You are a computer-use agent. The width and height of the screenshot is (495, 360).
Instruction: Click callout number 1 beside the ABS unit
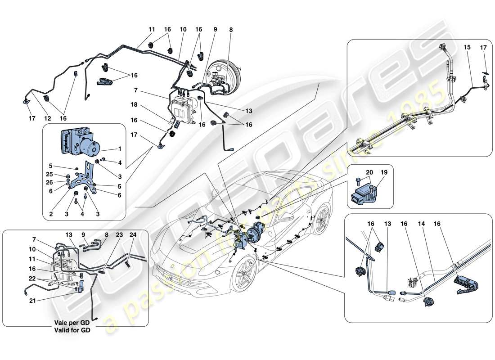pos(119,148)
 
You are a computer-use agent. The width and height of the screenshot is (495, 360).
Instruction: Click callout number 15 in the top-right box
pos(468,47)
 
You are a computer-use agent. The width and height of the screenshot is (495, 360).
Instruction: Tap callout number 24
pos(133,234)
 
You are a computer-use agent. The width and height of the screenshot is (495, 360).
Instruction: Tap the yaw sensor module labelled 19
pos(365,193)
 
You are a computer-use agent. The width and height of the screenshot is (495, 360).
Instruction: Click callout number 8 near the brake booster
pos(232,30)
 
